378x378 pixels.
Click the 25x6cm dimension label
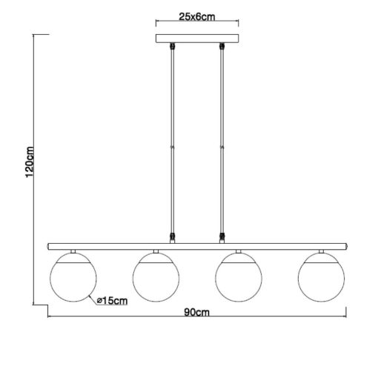click(x=197, y=17)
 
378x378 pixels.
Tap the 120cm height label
click(x=30, y=162)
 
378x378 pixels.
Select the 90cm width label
click(x=196, y=313)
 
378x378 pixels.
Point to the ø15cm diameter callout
click(x=113, y=301)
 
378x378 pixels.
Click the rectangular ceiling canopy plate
click(x=197, y=39)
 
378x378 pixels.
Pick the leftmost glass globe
click(x=73, y=277)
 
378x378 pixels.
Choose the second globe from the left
click(x=156, y=277)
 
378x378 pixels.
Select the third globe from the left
click(x=239, y=277)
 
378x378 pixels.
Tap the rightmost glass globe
click(x=321, y=277)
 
